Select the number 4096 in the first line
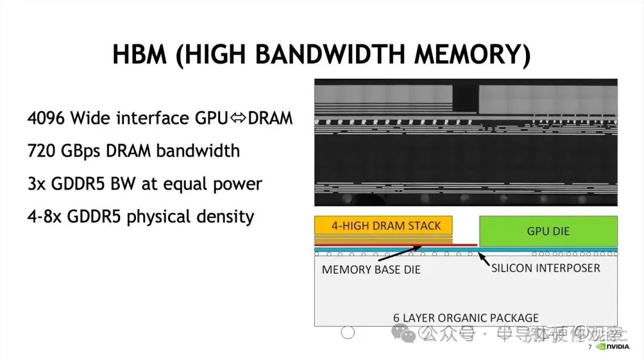[x=47, y=118]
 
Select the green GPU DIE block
[x=548, y=231]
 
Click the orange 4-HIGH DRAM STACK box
[x=383, y=226]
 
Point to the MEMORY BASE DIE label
[x=371, y=269]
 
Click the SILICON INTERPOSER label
[x=546, y=268]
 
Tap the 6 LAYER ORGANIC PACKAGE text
[x=466, y=318]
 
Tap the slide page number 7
[x=590, y=347]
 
